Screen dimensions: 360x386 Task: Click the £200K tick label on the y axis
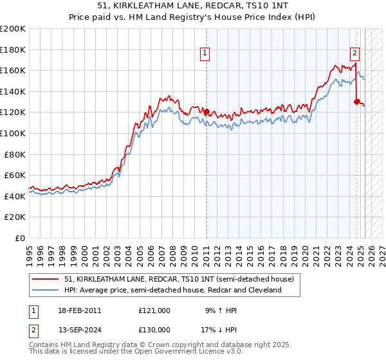coord(14,29)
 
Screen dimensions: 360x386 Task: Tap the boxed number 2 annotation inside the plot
coord(354,54)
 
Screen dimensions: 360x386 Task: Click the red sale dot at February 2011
coord(207,112)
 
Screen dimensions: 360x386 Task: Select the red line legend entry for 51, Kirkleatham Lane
coord(179,278)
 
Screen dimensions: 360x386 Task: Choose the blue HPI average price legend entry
coord(173,290)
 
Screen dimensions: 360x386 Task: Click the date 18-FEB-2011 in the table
coord(79,310)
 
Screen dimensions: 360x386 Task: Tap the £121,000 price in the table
coord(154,310)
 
